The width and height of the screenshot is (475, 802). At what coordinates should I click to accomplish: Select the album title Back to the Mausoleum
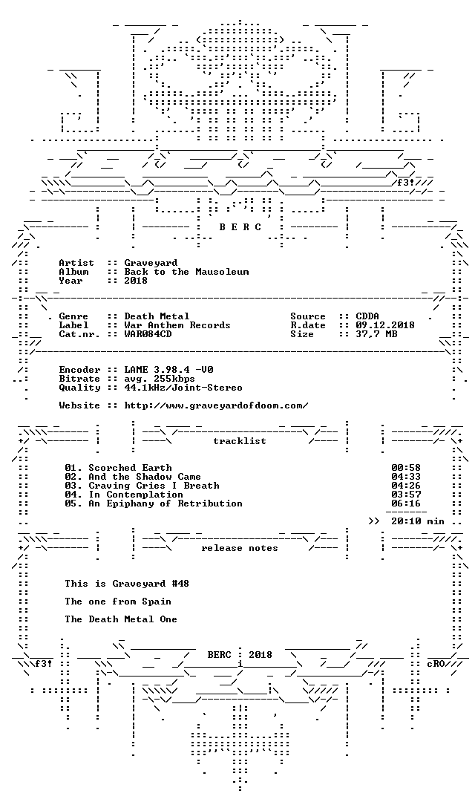click(186, 272)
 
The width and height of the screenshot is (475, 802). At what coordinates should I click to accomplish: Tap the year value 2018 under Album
click(136, 281)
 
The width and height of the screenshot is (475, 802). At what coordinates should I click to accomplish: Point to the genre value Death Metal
click(157, 316)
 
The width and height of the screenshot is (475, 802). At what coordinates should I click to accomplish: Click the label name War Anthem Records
click(177, 325)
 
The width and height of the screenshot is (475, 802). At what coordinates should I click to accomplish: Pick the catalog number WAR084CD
click(148, 334)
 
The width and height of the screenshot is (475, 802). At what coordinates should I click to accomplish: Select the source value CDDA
click(367, 316)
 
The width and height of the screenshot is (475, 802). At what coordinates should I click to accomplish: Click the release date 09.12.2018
click(385, 325)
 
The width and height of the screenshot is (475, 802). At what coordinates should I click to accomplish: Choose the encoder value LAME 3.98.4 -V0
click(168, 370)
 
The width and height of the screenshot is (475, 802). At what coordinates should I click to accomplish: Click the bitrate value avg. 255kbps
click(160, 379)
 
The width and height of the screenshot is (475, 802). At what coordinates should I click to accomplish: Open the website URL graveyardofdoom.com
click(216, 405)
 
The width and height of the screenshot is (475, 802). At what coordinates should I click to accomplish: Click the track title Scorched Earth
click(131, 468)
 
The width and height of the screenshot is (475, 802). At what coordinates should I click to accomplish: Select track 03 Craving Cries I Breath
click(142, 486)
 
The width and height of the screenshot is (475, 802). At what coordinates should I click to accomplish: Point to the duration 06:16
click(406, 503)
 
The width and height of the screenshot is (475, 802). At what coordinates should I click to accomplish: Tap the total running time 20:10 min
click(418, 522)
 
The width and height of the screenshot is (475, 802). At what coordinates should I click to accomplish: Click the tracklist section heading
click(240, 441)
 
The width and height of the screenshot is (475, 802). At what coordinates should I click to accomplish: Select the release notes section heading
click(240, 548)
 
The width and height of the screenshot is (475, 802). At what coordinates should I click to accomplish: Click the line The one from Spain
click(118, 602)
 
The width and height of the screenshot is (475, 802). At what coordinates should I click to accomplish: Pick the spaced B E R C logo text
click(240, 228)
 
